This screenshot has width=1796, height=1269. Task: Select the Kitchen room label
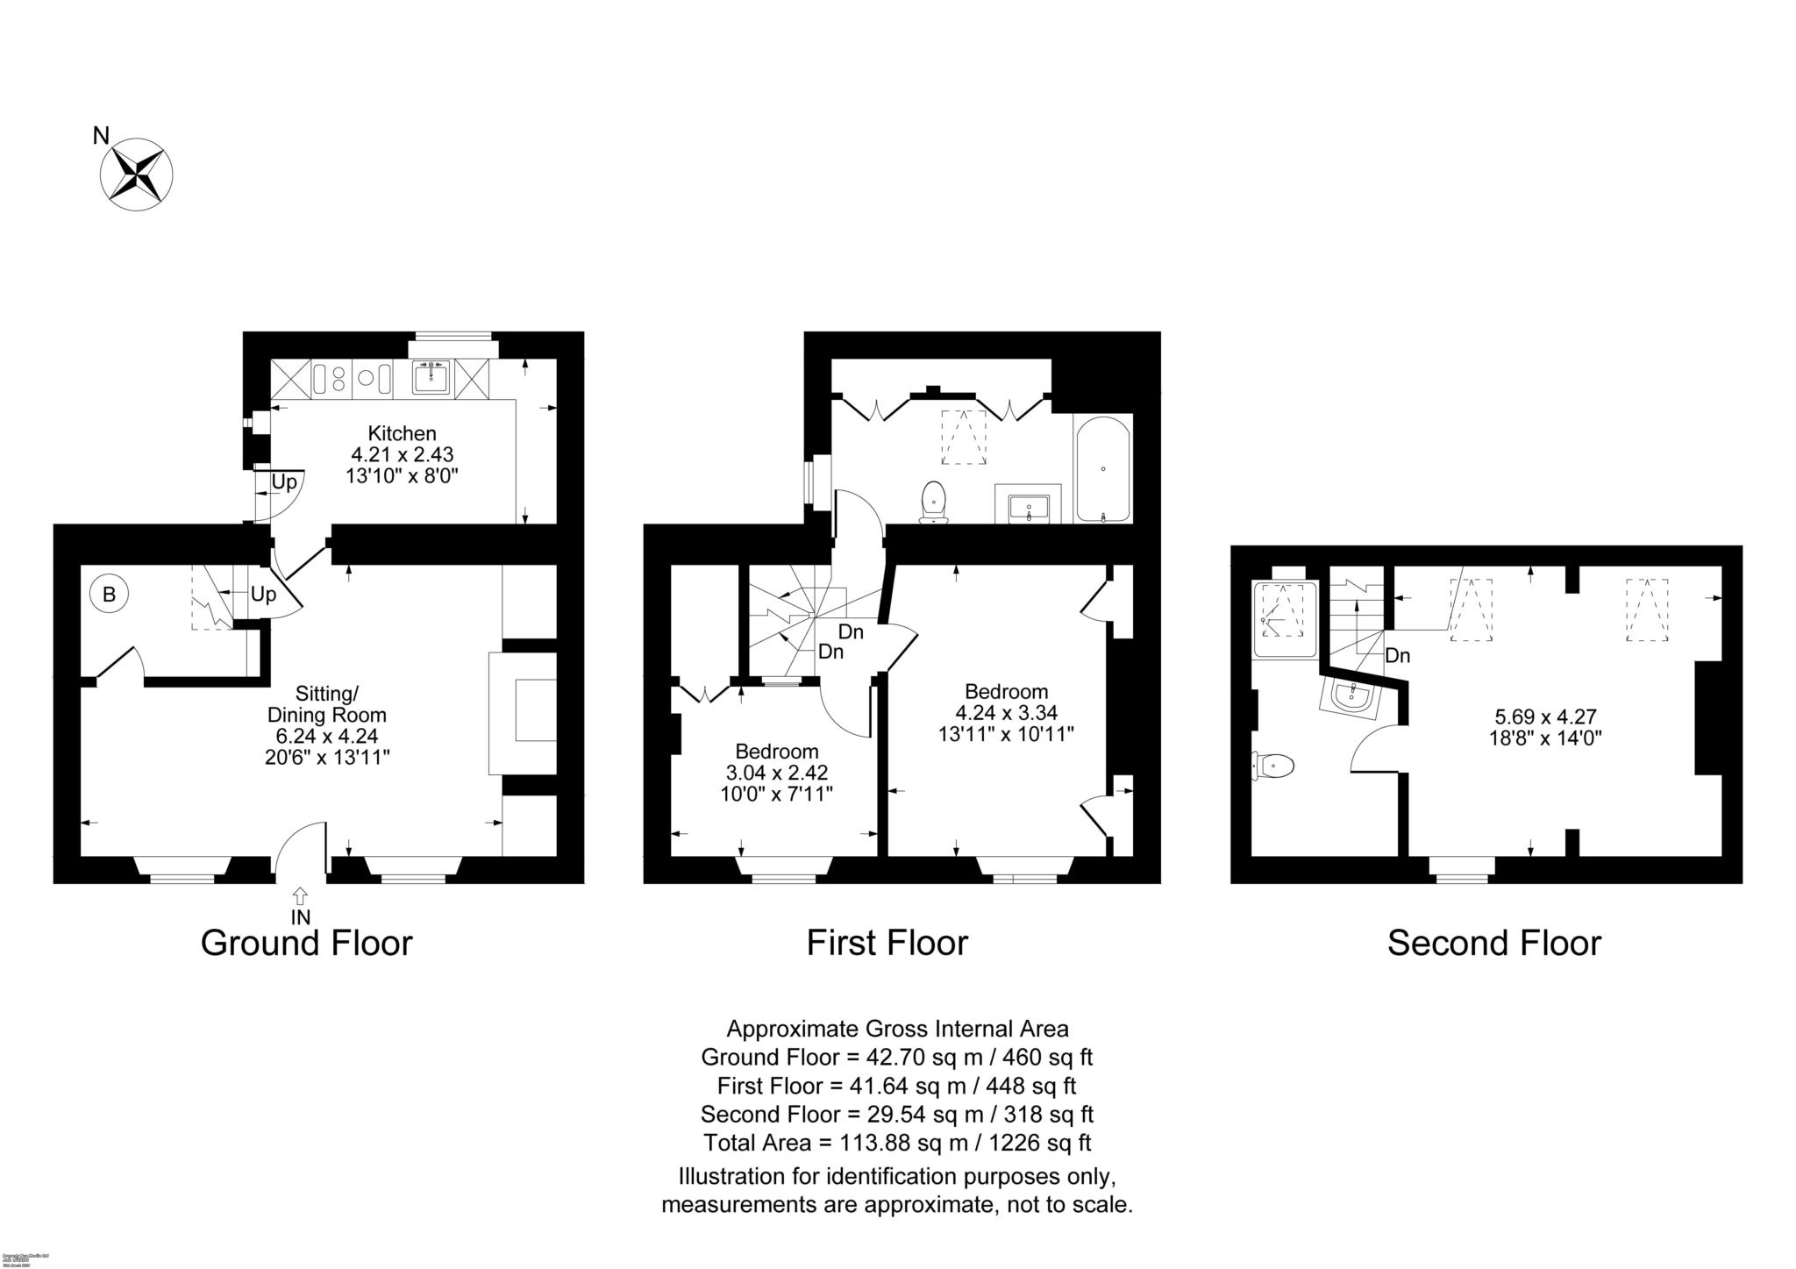click(402, 433)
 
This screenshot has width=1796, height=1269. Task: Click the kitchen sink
click(431, 378)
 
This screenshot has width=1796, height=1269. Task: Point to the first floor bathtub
click(1102, 469)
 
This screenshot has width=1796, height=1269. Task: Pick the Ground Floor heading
click(306, 944)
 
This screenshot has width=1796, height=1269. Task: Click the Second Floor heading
click(1493, 944)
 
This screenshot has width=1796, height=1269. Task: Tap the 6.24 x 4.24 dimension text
click(326, 737)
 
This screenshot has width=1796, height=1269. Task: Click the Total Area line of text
click(897, 1144)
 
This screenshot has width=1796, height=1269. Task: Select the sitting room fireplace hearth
click(524, 712)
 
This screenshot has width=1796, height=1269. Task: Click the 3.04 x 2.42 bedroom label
click(777, 773)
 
